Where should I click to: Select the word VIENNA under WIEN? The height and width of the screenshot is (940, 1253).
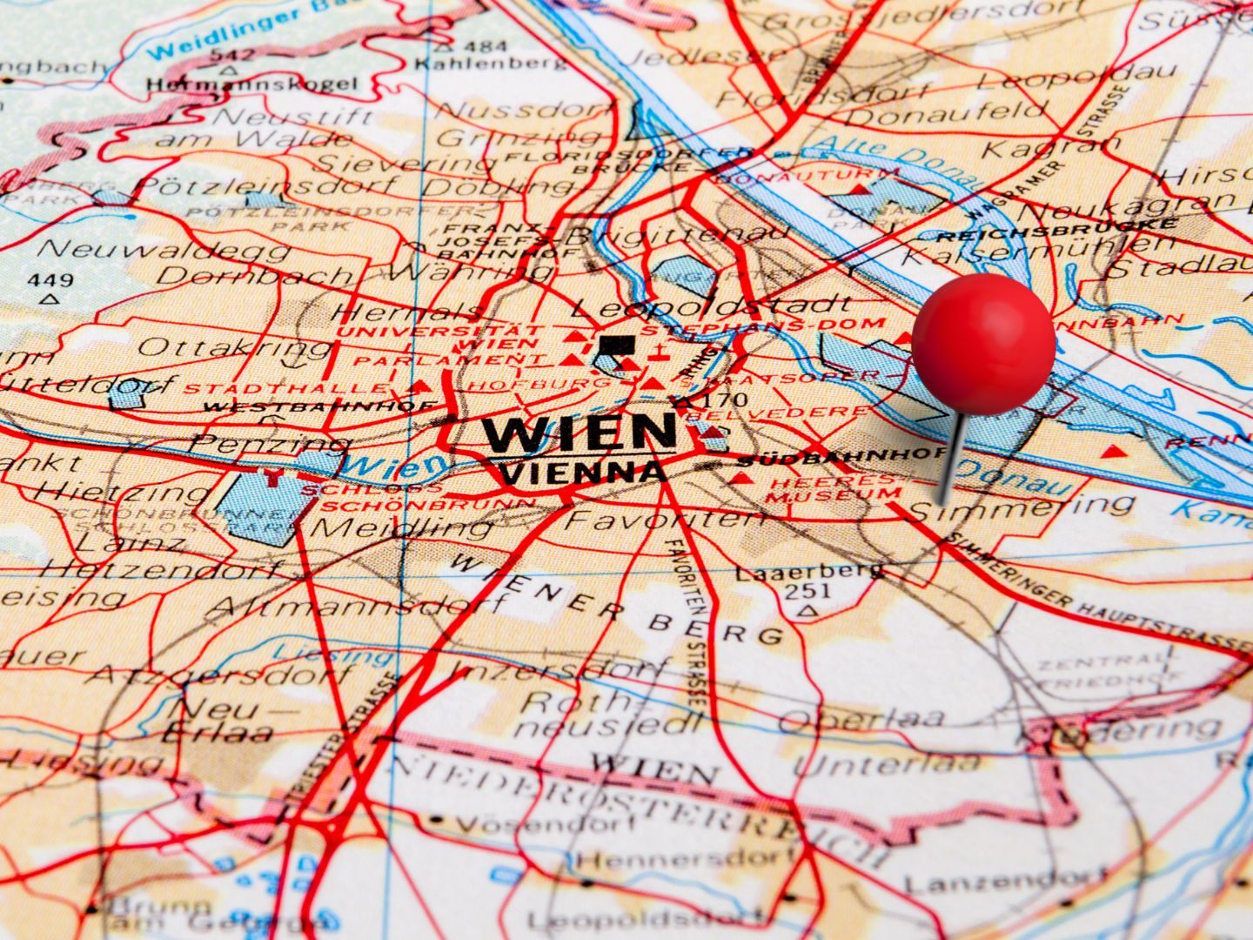(x=584, y=473)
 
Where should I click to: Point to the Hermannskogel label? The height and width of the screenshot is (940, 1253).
(x=251, y=84)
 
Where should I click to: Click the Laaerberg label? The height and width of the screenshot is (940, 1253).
(x=809, y=572)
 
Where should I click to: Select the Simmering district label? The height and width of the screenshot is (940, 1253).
(x=1022, y=507)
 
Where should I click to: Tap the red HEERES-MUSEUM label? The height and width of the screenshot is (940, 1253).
(x=833, y=489)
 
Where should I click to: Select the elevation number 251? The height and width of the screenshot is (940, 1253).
(x=807, y=591)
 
